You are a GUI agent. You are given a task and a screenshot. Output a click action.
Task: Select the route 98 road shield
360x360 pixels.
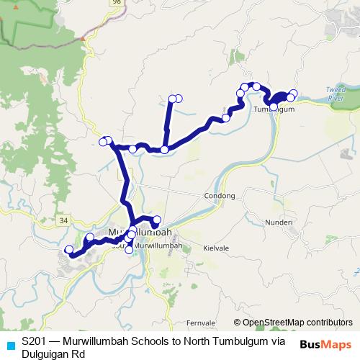pyautogui.click(x=96, y=3)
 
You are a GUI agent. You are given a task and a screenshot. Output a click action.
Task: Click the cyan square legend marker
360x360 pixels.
pyautogui.click(x=10, y=346)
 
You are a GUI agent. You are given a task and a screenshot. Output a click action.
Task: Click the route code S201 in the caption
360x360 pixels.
pyautogui.click(x=36, y=340)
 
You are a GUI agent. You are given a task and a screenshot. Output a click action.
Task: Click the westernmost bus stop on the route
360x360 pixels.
pyautogui.click(x=69, y=250)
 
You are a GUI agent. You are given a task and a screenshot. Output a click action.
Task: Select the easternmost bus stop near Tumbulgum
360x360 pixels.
pyautogui.click(x=293, y=93)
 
